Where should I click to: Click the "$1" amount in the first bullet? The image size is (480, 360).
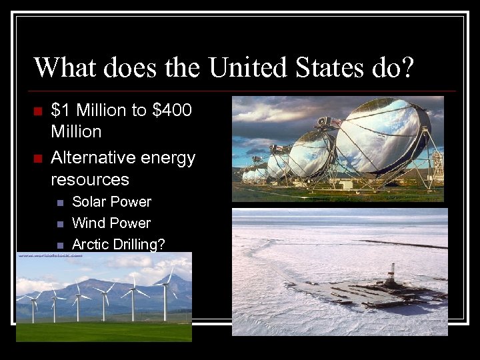point(59,110)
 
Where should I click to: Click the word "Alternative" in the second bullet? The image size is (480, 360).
point(93,158)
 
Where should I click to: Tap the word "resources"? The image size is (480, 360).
point(90,179)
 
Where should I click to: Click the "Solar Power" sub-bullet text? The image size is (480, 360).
point(111,201)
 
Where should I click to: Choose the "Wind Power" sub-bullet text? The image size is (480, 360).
point(111,223)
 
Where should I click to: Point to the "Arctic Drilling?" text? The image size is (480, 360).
point(118,245)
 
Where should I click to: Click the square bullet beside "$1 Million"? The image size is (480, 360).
point(37,111)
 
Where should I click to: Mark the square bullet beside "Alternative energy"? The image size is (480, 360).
point(37,159)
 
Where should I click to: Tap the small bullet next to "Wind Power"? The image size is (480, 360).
point(60,223)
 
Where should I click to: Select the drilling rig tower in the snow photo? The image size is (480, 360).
point(392,275)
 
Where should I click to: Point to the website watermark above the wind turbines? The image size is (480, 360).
point(45,255)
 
